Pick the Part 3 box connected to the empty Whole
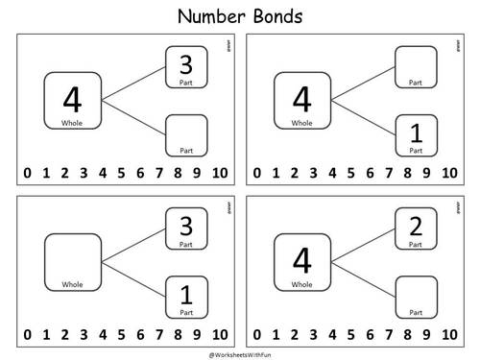(185, 230)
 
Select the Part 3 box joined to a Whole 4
(185, 67)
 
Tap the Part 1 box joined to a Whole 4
(416, 134)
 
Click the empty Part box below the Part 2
(416, 296)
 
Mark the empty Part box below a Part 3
(185, 134)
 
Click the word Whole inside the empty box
(73, 284)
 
